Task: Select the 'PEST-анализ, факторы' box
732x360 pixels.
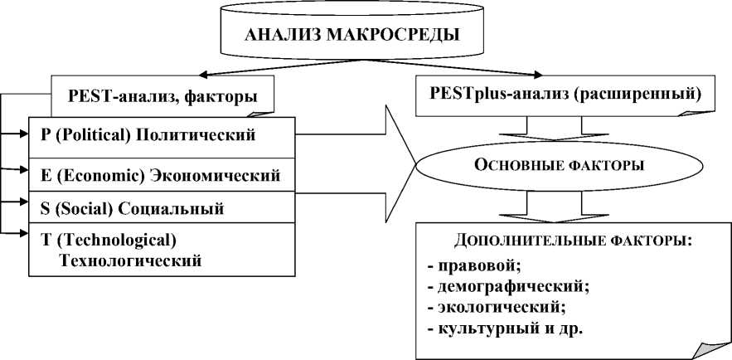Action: [x=162, y=97]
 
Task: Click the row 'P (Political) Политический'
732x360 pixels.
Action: [x=148, y=134]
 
